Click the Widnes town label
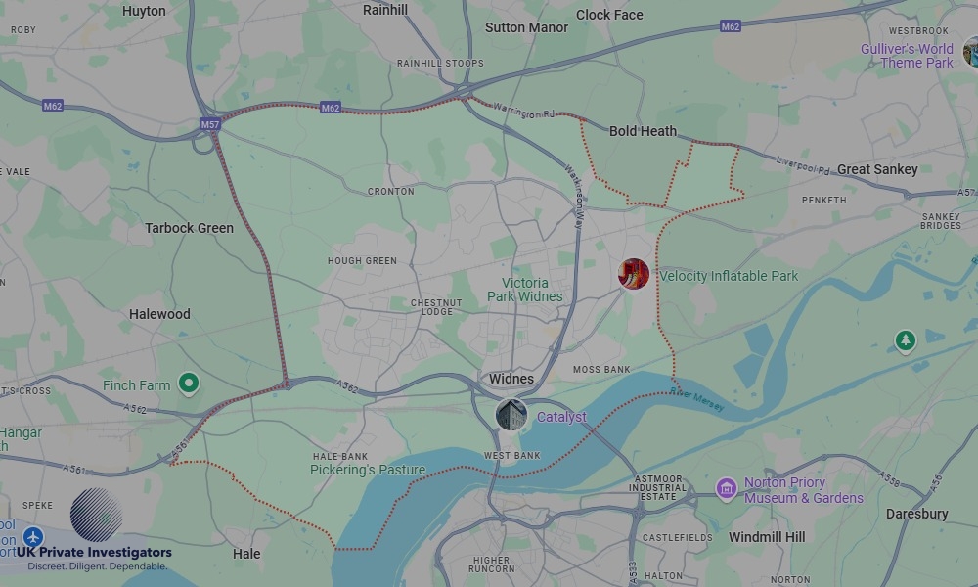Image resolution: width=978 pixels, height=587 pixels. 511,379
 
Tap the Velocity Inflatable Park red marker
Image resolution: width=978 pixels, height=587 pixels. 634,274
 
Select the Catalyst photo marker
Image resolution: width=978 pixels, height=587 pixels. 511,415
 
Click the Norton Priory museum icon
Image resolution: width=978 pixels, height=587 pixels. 726,488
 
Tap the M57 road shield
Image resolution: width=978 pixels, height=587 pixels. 210,125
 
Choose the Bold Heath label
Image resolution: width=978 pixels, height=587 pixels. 643,131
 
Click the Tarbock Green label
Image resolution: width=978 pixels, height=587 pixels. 189,228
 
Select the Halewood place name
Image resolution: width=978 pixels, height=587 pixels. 159,314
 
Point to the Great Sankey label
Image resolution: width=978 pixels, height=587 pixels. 877,169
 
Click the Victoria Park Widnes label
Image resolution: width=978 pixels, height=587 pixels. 525,290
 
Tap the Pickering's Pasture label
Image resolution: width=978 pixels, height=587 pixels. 368,470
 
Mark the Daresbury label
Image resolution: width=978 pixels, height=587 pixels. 916,514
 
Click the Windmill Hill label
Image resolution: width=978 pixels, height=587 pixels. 767,537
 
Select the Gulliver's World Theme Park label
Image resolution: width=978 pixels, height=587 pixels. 907,56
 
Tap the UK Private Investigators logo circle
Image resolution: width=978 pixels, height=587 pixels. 97,515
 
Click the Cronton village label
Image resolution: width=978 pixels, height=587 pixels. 390,192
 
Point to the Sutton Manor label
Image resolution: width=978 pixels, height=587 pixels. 526,27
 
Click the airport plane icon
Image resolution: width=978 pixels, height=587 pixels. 34,538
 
